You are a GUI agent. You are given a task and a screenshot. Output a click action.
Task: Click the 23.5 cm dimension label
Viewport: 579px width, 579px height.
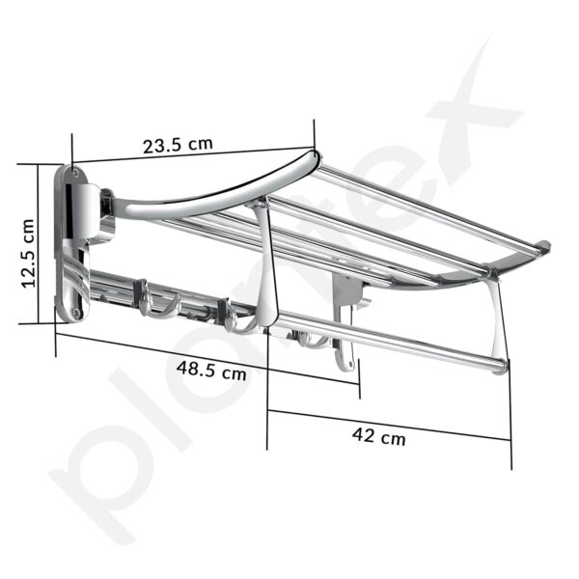point(178,146)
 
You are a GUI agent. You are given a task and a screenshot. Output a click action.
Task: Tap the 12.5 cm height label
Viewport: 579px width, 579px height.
point(28,253)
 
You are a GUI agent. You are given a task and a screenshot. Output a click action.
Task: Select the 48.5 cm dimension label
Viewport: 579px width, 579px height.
point(209,369)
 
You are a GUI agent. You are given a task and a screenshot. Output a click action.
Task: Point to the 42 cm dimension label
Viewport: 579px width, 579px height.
point(378,436)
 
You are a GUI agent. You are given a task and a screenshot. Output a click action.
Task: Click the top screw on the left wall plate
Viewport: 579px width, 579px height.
point(74,174)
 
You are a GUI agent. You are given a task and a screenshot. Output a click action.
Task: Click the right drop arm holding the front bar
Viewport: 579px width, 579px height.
point(497,318)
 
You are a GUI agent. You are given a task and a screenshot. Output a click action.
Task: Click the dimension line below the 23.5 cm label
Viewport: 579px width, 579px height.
point(193,155)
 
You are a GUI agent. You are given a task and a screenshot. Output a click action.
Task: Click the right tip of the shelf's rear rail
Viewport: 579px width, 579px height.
point(545,246)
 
